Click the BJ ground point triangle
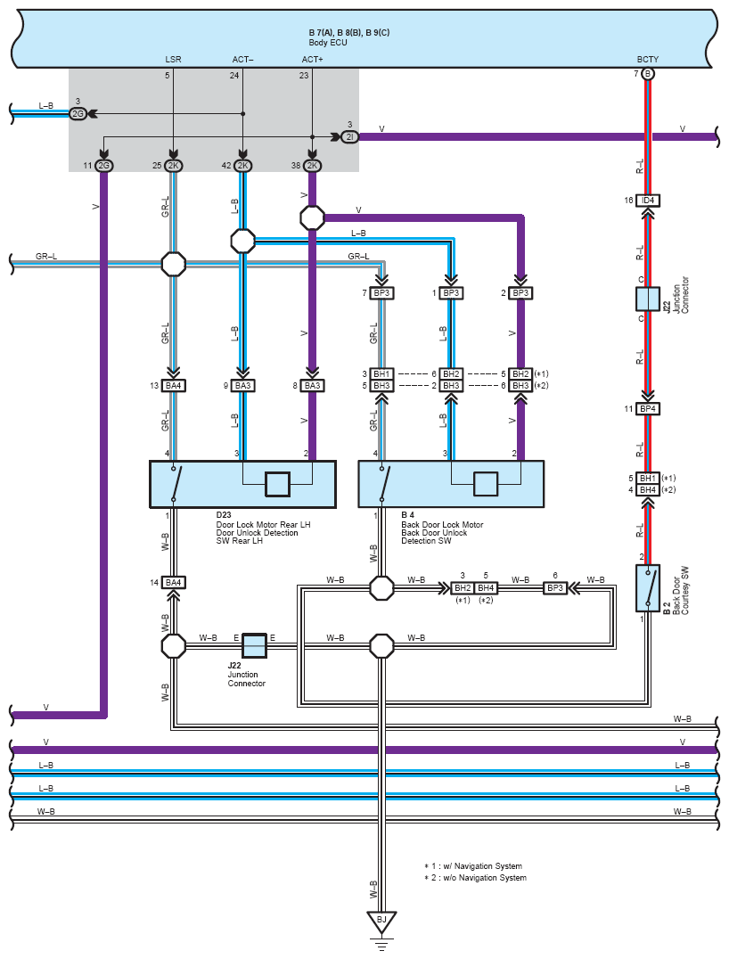pyautogui.click(x=381, y=920)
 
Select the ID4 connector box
pyautogui.click(x=648, y=201)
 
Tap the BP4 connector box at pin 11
pyautogui.click(x=648, y=409)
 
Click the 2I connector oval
pyautogui.click(x=350, y=136)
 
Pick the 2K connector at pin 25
pyautogui.click(x=174, y=166)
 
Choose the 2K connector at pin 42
pyautogui.click(x=243, y=166)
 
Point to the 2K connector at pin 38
pyautogui.click(x=312, y=166)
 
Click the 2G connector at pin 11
pyautogui.click(x=104, y=166)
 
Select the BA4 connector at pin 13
pyautogui.click(x=174, y=386)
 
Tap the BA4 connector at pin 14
pyautogui.click(x=174, y=583)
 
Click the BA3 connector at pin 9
pyautogui.click(x=242, y=386)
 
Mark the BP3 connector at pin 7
pyautogui.click(x=382, y=293)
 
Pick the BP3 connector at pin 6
pyautogui.click(x=555, y=588)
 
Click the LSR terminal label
pyautogui.click(x=173, y=60)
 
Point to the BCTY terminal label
pyautogui.click(x=648, y=60)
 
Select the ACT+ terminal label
pyautogui.click(x=312, y=60)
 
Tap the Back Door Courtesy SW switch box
pyautogui.click(x=648, y=587)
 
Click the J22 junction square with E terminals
pyautogui.click(x=255, y=644)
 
